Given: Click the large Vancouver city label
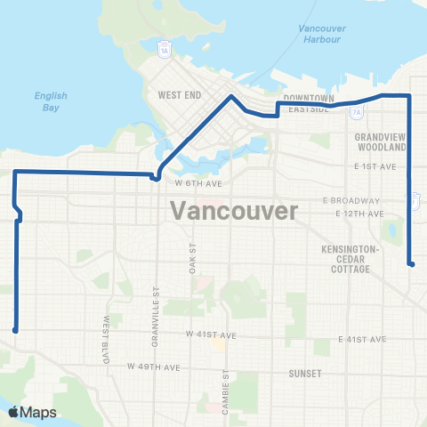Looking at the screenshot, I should point(232,211).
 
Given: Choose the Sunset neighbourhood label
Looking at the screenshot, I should point(304,374).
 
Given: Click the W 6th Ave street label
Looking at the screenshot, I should point(197,183).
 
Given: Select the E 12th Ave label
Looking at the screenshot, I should point(359,214).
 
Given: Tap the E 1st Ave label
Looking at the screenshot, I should point(373,166).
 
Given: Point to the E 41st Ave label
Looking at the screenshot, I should point(363,340).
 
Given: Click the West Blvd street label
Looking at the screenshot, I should point(106,331).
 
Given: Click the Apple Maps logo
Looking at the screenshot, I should point(31,412).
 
